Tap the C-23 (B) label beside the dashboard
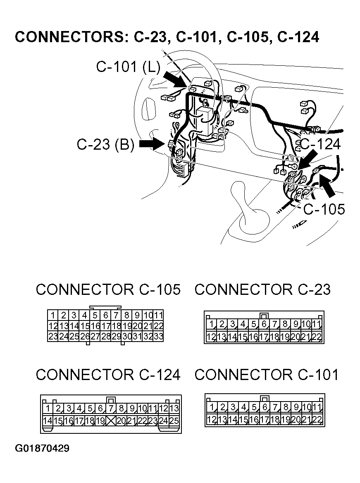[x=105, y=145]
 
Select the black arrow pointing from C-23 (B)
[x=152, y=144]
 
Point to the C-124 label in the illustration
[x=321, y=144]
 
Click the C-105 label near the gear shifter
[x=324, y=209]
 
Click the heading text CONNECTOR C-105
[x=108, y=289]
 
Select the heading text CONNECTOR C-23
[x=262, y=289]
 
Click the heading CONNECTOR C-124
[x=108, y=375]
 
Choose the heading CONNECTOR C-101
[x=266, y=375]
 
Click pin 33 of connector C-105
[x=158, y=337]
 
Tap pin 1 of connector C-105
[x=53, y=315]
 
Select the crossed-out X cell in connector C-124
[x=110, y=421]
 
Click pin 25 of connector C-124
[x=174, y=421]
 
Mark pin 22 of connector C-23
[x=317, y=337]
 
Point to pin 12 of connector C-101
[x=211, y=420]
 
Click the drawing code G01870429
[x=42, y=448]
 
